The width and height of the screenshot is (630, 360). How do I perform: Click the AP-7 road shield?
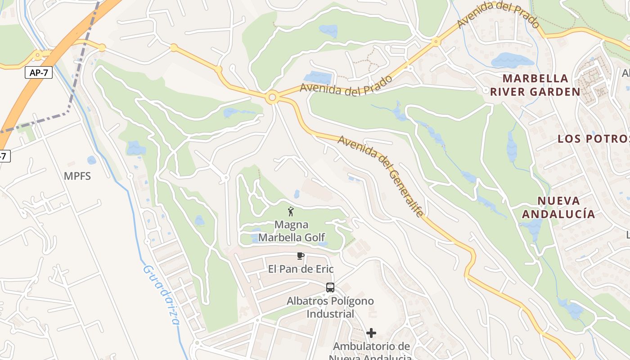click(x=39, y=73)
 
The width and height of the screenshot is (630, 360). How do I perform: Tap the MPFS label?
click(x=77, y=176)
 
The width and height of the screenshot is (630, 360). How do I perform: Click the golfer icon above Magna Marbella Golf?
click(x=291, y=211)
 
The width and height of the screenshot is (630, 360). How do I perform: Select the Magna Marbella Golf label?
click(x=291, y=230)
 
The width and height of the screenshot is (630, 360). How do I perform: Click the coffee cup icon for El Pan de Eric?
click(x=301, y=256)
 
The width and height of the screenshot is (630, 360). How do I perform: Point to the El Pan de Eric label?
click(x=301, y=269)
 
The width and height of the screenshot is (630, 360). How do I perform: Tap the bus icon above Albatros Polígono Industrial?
click(x=330, y=288)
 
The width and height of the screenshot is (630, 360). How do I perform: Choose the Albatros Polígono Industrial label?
click(x=330, y=307)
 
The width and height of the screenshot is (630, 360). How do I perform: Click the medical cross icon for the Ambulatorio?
click(x=371, y=333)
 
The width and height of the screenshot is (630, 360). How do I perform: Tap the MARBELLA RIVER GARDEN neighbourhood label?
click(x=535, y=85)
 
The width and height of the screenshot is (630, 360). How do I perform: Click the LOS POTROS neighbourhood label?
click(x=593, y=139)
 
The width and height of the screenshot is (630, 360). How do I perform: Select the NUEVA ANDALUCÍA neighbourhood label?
click(x=558, y=207)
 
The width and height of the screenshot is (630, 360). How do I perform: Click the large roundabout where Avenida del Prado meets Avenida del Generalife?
click(x=272, y=98)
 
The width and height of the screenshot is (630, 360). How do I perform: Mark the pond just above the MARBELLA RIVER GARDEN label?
click(x=512, y=60)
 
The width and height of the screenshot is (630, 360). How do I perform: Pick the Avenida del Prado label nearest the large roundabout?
click(x=346, y=85)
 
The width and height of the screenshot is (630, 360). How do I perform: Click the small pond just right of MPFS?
click(x=92, y=160)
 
